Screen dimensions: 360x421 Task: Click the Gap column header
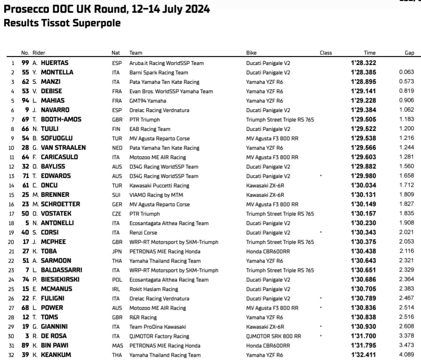coord(409,53)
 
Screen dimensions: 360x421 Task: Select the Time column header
coord(369,53)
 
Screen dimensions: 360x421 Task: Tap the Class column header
coord(326,53)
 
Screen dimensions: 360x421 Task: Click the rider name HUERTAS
coord(54,63)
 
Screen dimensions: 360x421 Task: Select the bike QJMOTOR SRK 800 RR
coord(273,336)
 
